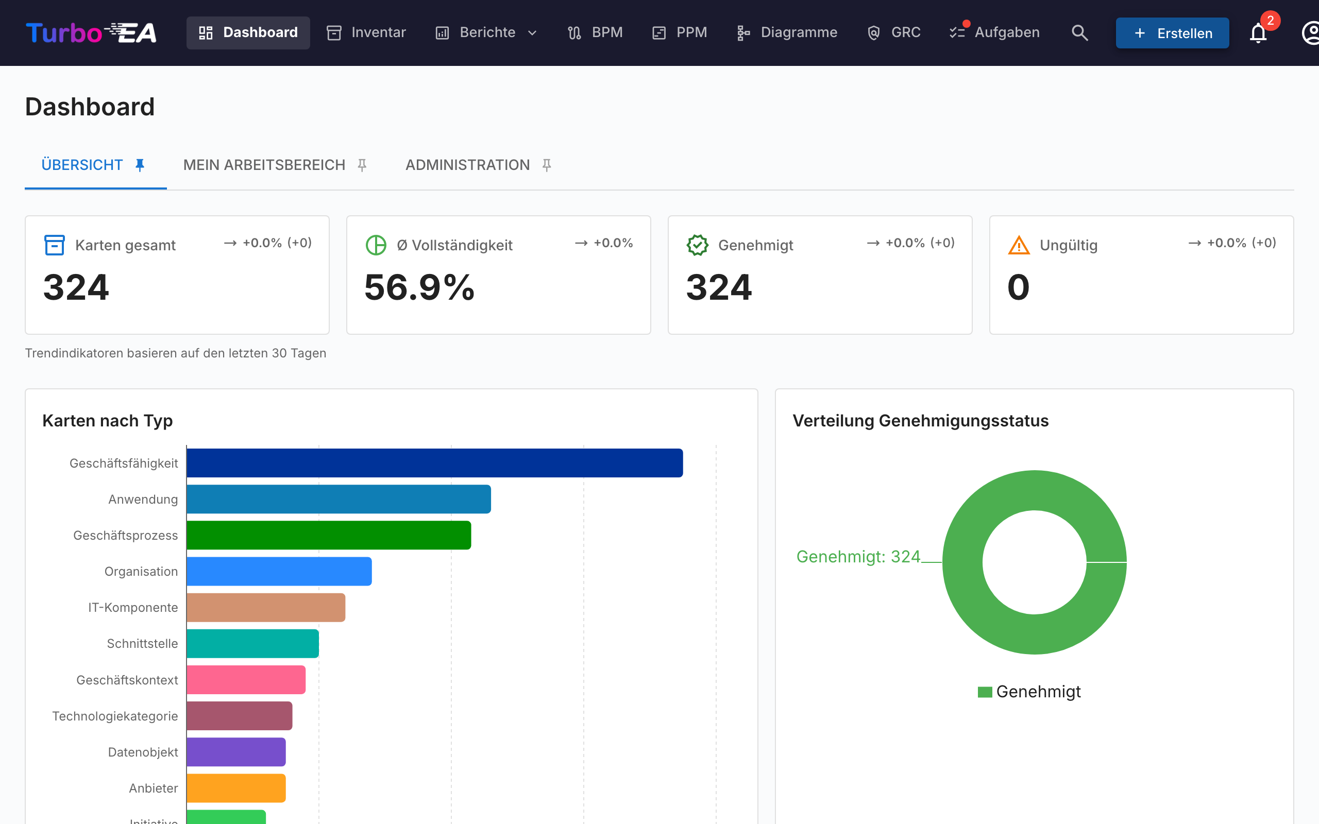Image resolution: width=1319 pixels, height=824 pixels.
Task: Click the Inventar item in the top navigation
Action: click(x=366, y=32)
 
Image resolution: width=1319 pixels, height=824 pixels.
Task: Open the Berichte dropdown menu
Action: click(x=486, y=32)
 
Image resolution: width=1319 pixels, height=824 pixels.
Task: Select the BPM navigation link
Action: click(x=595, y=32)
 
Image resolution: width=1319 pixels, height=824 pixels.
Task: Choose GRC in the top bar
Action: click(x=894, y=32)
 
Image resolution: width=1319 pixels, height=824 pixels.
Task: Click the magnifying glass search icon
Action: click(x=1079, y=32)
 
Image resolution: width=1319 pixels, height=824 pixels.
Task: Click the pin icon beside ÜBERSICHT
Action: click(x=140, y=165)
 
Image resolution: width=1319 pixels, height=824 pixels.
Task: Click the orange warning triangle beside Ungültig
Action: click(x=1019, y=245)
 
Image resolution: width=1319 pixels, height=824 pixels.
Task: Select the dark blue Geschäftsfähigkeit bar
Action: click(x=434, y=462)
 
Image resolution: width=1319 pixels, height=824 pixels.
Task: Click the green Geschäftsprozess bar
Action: click(x=329, y=535)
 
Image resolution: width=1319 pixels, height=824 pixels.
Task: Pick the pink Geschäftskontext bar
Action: click(x=246, y=680)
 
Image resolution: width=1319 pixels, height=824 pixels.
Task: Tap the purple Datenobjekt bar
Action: click(x=236, y=752)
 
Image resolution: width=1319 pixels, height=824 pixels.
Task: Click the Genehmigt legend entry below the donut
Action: click(x=1029, y=692)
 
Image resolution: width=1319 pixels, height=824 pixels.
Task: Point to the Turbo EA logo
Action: click(x=91, y=32)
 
